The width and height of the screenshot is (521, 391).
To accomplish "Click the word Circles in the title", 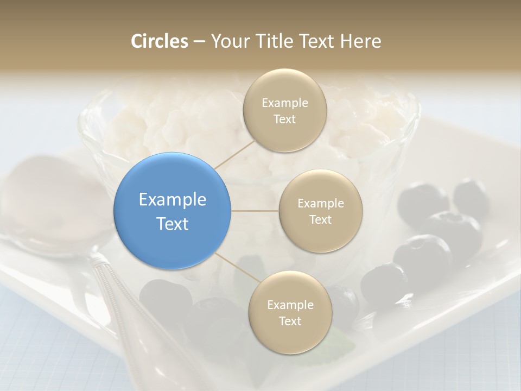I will pyautogui.click(x=159, y=41).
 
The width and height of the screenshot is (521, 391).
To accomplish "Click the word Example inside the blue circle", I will pyautogui.click(x=173, y=199).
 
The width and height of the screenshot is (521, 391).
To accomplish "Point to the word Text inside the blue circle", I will pyautogui.click(x=173, y=224).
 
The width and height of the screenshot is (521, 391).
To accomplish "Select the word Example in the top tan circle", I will pyautogui.click(x=284, y=103).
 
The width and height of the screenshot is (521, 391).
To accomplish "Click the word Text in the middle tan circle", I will pyautogui.click(x=320, y=219).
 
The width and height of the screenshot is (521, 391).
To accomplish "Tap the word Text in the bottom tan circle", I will pyautogui.click(x=290, y=321).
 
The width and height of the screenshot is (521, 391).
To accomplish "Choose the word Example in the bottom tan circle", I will pyautogui.click(x=290, y=305).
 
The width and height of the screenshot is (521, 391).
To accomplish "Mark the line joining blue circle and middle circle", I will pyautogui.click(x=255, y=211).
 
